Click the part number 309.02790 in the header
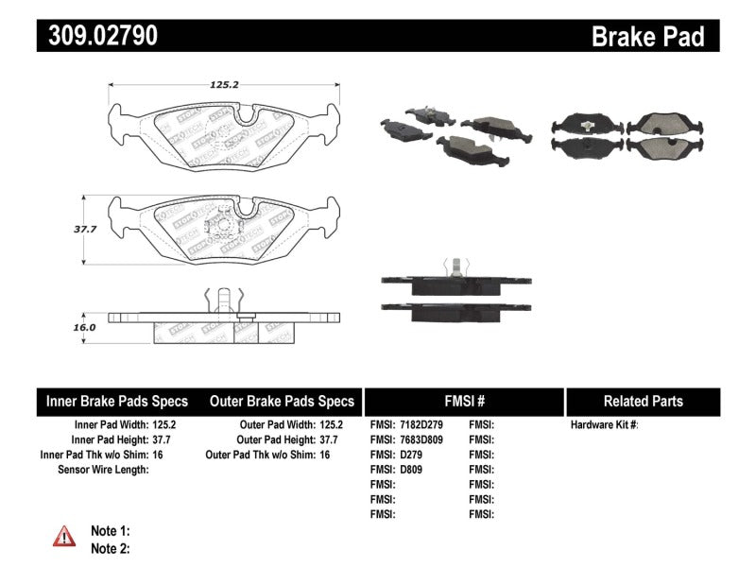97,36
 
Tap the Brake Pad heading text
647,36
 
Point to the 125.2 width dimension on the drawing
223,84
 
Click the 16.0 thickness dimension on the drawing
86,326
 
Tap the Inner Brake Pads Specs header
117,401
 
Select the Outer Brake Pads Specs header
282,401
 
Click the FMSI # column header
463,401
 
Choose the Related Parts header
644,401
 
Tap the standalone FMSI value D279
413,455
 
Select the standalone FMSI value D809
413,470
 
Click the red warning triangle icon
63,537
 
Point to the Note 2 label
110,547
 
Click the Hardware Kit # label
605,425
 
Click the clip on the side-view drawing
224,301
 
